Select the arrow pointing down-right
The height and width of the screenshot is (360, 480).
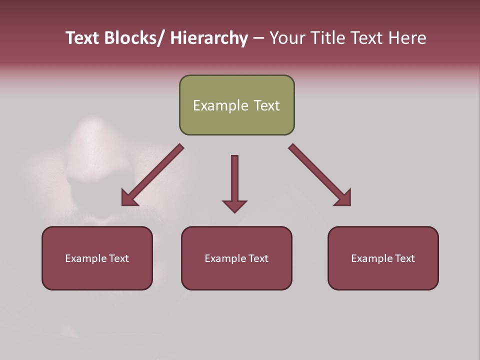tap(320, 175)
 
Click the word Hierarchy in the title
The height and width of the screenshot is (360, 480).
tap(209, 38)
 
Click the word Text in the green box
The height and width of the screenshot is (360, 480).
tap(266, 105)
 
